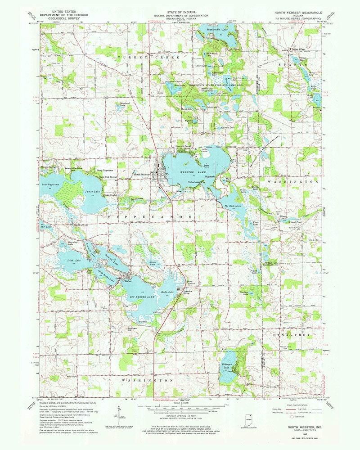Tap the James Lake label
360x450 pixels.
[x=92, y=192]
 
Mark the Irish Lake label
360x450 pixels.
[x=73, y=261]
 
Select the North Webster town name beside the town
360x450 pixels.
[x=141, y=174]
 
